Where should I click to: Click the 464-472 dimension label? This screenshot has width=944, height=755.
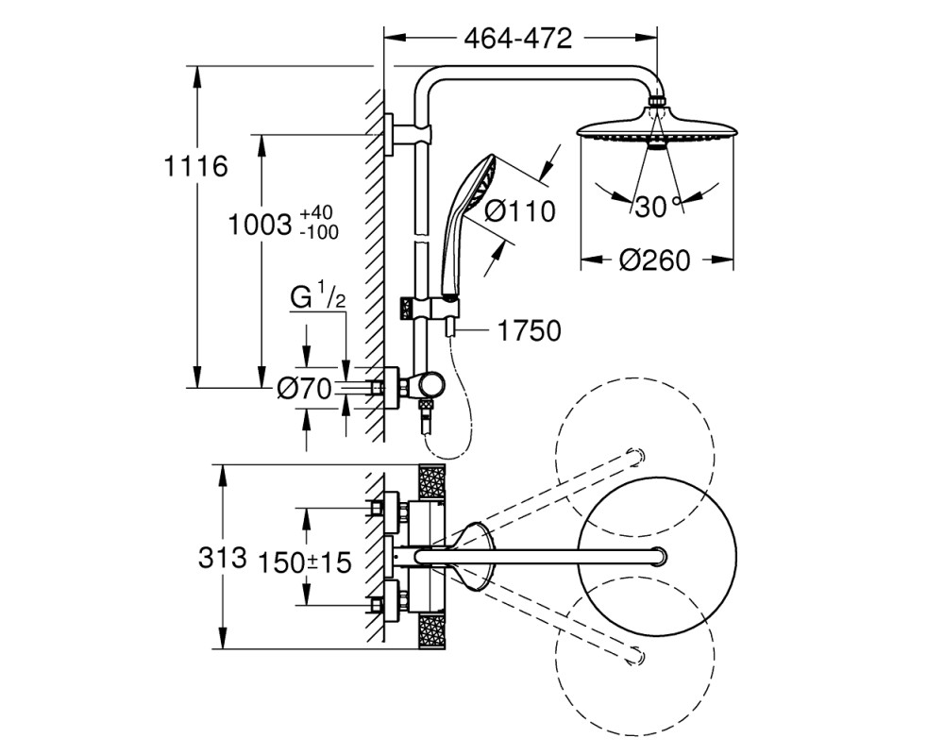517,39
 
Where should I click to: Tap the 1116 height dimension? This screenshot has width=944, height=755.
195,166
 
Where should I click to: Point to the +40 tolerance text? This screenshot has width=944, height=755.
316,213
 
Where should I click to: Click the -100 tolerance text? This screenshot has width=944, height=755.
319,232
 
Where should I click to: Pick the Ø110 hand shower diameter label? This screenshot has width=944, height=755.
520,211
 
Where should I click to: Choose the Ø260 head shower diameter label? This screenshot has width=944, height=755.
654,260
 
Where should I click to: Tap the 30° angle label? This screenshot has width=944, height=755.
656,208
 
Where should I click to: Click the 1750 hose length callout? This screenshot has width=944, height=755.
530,330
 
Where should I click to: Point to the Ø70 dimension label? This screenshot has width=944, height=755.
304,390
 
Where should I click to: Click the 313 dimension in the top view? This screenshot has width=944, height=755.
222,558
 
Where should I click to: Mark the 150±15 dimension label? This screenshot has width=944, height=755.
304,562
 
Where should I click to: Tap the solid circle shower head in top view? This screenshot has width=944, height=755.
657,556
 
